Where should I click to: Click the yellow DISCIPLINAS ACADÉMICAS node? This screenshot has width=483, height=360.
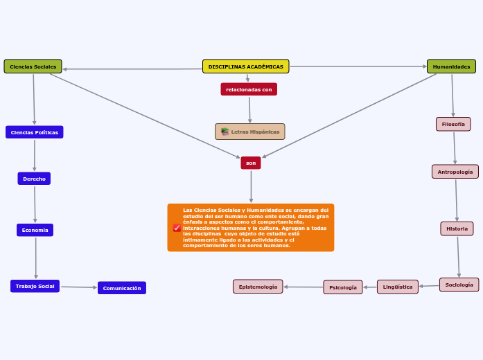coord(245,66)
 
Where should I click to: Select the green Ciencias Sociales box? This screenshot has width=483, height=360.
coord(33,66)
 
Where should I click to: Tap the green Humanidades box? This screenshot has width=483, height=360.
coord(451,66)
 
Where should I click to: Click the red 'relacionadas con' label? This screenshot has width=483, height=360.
coord(249,89)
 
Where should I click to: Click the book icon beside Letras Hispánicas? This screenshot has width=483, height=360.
coord(225,132)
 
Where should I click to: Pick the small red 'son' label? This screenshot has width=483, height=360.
coord(251,163)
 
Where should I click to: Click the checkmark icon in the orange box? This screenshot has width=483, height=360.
coord(177,228)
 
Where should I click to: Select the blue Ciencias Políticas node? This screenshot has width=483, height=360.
coord(35,132)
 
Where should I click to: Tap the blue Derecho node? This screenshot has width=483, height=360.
coord(34,179)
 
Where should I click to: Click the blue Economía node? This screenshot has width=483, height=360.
coord(35,230)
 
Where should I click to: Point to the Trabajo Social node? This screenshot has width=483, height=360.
coord(35,286)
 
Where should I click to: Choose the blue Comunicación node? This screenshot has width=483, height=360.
coord(122,288)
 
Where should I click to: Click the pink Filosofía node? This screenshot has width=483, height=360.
coord(453,124)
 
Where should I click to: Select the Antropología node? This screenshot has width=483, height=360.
coord(455,172)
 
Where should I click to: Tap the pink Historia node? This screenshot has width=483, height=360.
coord(457,228)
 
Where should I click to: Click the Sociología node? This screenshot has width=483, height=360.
coord(459,285)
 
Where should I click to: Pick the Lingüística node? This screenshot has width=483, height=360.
coord(398,287)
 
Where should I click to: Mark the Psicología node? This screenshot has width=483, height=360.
coord(343,287)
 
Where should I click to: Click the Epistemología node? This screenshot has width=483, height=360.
coord(258,287)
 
